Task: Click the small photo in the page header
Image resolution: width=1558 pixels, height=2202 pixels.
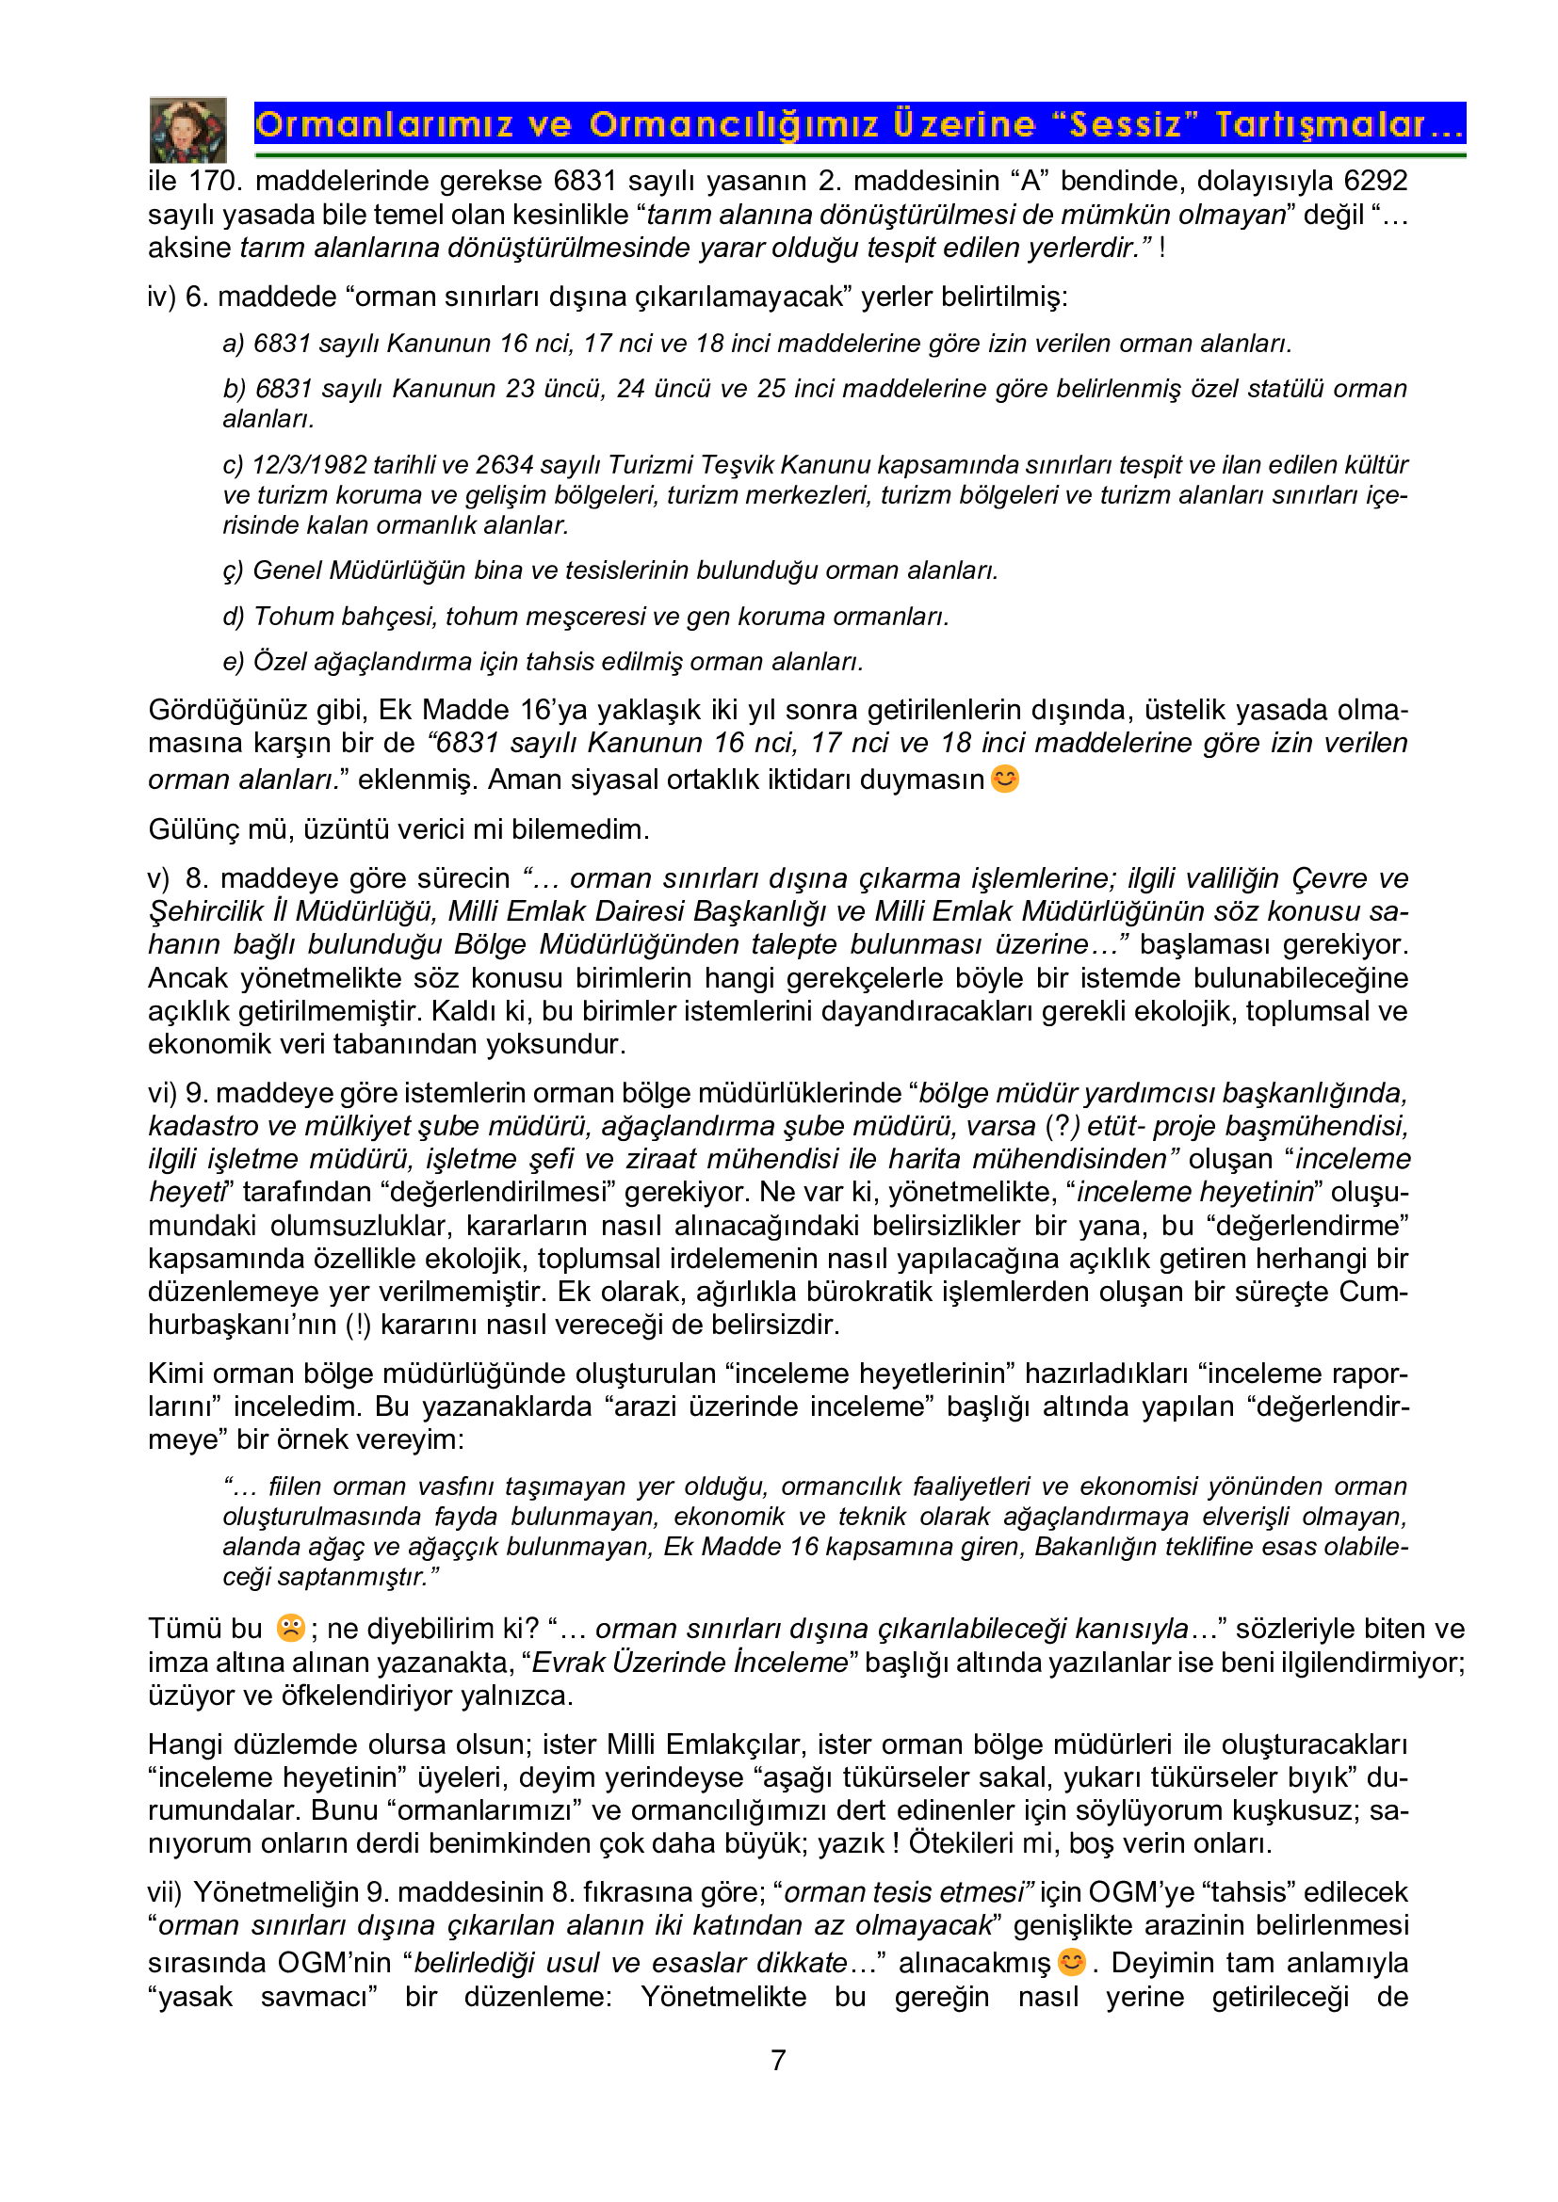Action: point(188,130)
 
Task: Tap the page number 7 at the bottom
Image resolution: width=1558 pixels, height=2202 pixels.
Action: point(778,2060)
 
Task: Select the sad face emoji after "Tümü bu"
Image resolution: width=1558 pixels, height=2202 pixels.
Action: point(290,1628)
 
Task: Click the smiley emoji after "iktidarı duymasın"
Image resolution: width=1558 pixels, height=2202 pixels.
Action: point(1004,779)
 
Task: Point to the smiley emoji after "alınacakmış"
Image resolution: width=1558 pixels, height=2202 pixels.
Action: point(1072,1962)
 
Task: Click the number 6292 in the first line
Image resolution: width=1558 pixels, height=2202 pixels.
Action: point(1374,182)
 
